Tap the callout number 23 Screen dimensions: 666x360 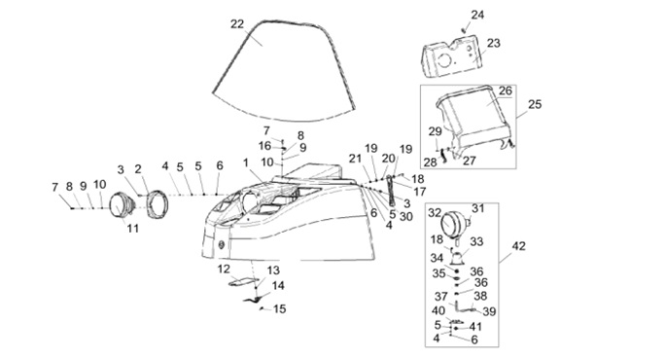click(494, 43)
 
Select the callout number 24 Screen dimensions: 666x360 click(477, 15)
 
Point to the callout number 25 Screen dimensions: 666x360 click(535, 104)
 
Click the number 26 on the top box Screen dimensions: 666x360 click(506, 90)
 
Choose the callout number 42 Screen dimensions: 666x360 click(518, 246)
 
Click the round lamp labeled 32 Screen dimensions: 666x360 click(451, 224)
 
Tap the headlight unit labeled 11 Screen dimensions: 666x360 click(122, 205)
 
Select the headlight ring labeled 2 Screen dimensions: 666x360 click(158, 204)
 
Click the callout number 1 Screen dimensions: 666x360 click(246, 162)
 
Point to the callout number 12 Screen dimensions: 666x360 click(224, 270)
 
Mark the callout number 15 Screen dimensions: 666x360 click(279, 309)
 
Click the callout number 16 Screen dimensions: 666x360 click(264, 146)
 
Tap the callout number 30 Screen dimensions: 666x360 click(406, 217)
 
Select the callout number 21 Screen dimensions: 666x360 click(355, 159)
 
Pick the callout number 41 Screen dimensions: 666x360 click(475, 327)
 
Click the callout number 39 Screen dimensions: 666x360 click(489, 312)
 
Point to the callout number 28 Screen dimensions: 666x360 click(431, 162)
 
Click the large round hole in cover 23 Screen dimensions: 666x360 click(444, 60)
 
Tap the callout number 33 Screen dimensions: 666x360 click(476, 242)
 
